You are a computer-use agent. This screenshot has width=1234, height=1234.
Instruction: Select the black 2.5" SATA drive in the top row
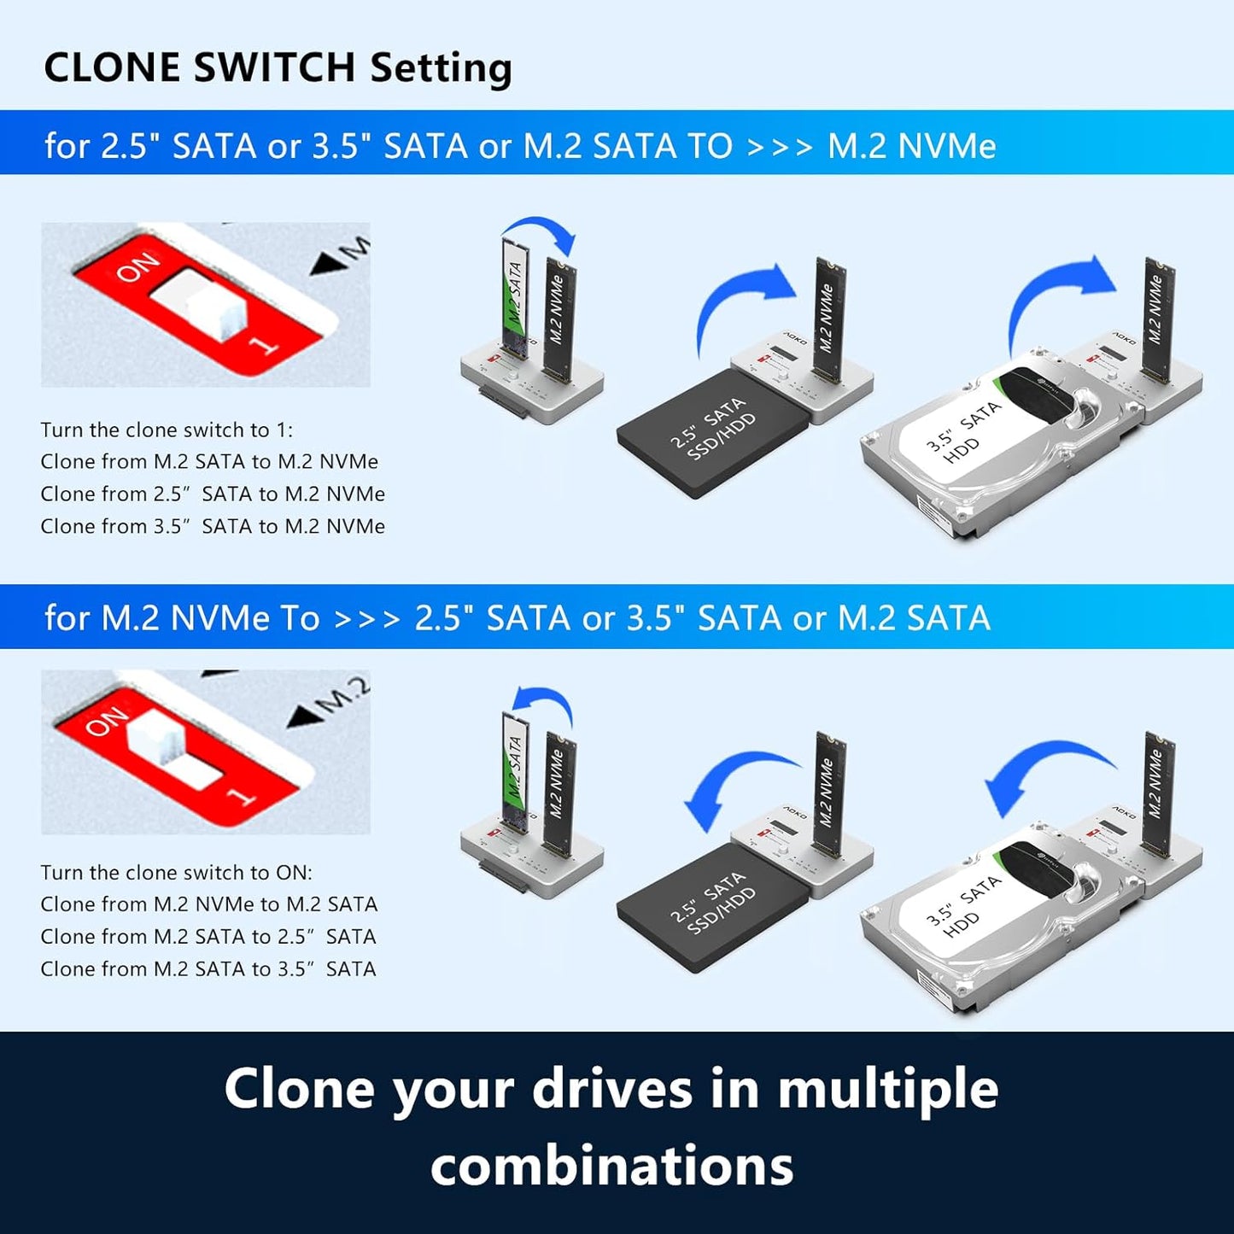click(713, 434)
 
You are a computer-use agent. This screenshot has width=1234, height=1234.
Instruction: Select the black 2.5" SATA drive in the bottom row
click(713, 907)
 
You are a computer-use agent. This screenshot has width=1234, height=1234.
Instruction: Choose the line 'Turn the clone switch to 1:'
click(167, 430)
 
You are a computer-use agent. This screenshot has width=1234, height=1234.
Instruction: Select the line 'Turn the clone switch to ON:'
click(176, 872)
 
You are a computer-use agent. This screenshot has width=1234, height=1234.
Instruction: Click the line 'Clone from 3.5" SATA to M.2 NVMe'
click(213, 526)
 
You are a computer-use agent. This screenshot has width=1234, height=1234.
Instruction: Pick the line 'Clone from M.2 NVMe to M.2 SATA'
click(208, 904)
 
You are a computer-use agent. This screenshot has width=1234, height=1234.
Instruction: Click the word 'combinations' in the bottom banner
click(611, 1166)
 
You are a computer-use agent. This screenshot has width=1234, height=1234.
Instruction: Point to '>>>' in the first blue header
click(779, 146)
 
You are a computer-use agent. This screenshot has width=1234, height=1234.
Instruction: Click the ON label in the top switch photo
click(137, 267)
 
